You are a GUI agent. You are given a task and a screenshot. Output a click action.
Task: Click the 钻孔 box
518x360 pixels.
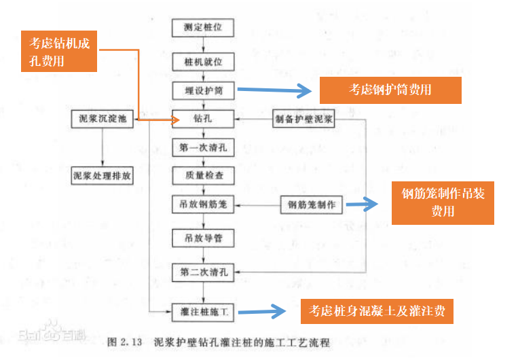tap(204, 119)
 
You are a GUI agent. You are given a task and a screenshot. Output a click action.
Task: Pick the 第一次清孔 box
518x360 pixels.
tap(203, 147)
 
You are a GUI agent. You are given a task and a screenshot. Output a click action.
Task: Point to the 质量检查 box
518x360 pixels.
tap(204, 175)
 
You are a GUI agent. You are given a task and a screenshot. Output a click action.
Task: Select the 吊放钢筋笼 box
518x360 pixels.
tap(204, 204)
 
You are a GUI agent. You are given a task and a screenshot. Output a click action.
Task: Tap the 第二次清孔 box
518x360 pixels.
tap(203, 273)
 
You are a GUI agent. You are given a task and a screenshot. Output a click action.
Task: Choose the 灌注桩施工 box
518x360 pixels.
tap(203, 313)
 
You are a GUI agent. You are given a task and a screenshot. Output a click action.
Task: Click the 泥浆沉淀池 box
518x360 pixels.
tap(103, 119)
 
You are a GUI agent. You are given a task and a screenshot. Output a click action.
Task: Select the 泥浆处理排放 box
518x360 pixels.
tap(103, 175)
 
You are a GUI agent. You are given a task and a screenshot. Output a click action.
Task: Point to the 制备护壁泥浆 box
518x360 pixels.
tap(304, 119)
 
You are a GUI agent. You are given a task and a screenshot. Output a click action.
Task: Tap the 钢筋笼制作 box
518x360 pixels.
tap(312, 204)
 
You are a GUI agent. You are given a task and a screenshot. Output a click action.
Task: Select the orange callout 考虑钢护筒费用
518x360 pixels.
tap(390, 90)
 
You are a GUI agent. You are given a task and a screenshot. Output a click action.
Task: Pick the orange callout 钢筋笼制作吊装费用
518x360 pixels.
tap(443, 202)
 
